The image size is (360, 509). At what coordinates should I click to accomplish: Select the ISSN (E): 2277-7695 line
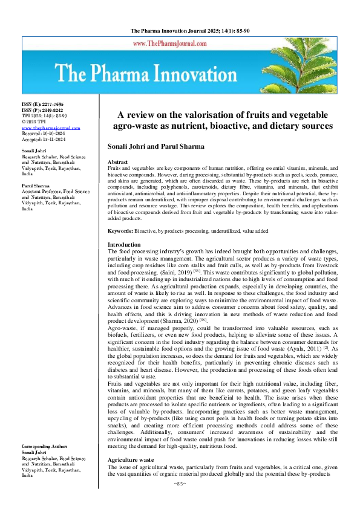pyautogui.click(x=44, y=105)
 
